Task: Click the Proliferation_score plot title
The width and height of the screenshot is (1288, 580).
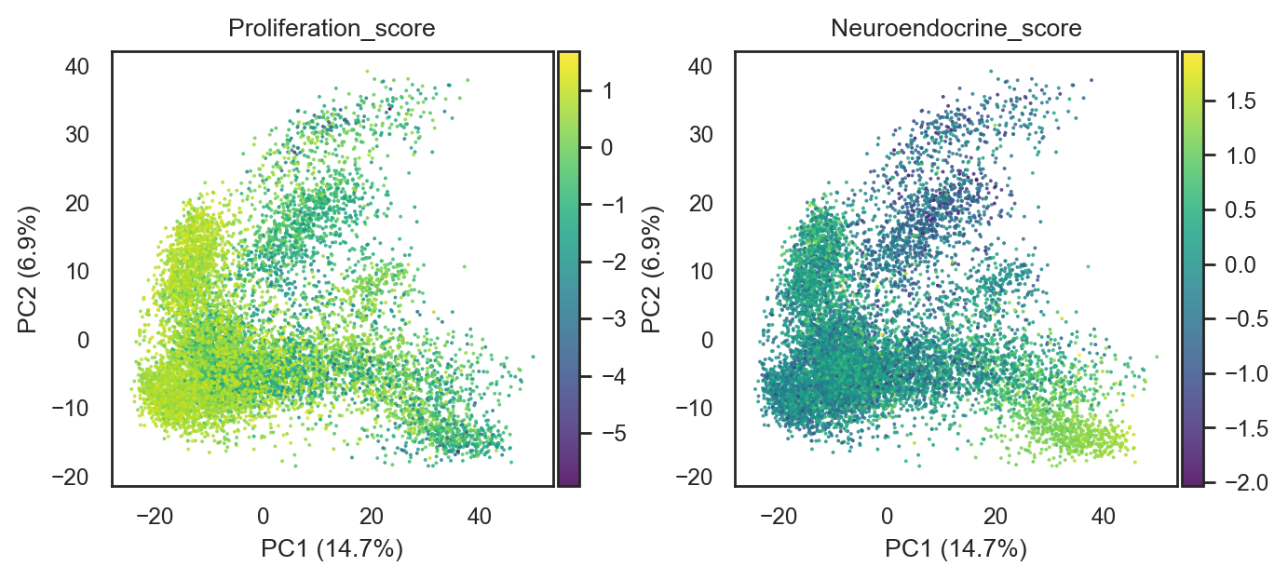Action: tap(332, 28)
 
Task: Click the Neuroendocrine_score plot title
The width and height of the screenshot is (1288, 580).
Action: tap(956, 28)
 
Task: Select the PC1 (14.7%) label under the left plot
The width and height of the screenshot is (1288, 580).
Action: tap(332, 549)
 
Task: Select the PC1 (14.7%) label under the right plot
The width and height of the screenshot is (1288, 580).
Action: tap(956, 549)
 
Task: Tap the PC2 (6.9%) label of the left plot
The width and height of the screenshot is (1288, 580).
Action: tap(28, 270)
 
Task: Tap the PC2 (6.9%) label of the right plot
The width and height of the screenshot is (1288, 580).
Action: tap(651, 270)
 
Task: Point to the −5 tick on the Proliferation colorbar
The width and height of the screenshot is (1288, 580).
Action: tap(613, 434)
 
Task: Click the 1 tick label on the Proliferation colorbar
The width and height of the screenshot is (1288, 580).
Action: tap(607, 91)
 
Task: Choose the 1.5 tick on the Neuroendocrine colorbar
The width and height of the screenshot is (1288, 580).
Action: tap(1241, 101)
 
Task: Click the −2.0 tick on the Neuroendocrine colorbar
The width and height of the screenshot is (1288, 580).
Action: tap(1246, 482)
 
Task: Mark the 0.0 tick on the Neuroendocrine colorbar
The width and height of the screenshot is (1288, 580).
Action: tap(1241, 264)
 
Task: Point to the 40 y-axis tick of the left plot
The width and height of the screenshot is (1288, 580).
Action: tap(77, 67)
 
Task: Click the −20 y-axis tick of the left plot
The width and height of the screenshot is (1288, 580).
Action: tap(71, 477)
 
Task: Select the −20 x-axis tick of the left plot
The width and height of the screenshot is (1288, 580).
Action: tap(154, 516)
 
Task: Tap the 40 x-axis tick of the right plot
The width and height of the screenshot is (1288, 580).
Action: tap(1103, 516)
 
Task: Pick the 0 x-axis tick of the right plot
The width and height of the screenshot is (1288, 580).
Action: tap(887, 516)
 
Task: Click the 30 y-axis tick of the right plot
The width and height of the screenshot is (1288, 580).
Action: tap(701, 135)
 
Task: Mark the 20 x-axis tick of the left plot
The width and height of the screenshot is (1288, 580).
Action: tap(372, 516)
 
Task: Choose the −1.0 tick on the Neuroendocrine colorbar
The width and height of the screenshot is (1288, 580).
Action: tap(1246, 373)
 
